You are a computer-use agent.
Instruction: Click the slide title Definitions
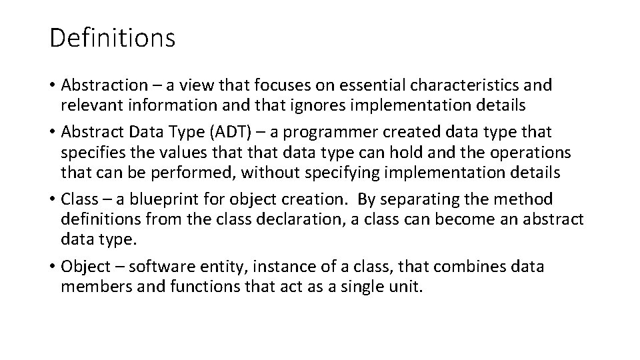coord(112,38)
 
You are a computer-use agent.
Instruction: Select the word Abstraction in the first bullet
coord(104,85)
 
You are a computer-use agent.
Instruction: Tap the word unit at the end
coord(407,287)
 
